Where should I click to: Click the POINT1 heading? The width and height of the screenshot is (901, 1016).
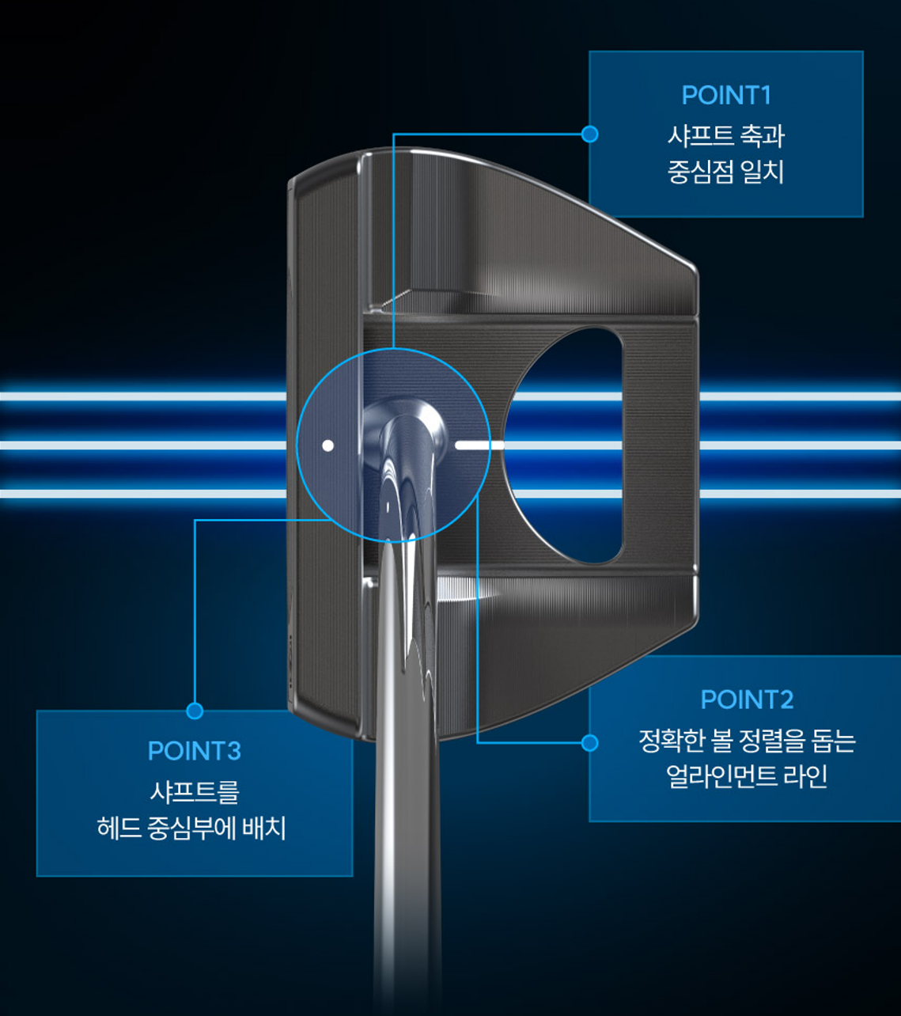pyautogui.click(x=725, y=96)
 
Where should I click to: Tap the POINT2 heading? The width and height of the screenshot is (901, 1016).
pyautogui.click(x=747, y=699)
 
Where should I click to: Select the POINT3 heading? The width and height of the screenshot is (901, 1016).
pyautogui.click(x=194, y=751)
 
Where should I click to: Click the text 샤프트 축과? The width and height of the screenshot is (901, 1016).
pyautogui.click(x=725, y=135)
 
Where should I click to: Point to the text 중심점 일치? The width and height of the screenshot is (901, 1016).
pyautogui.click(x=725, y=172)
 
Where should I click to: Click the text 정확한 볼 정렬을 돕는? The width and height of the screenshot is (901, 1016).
pyautogui.click(x=747, y=741)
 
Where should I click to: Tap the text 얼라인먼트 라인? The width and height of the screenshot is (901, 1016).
pyautogui.click(x=747, y=776)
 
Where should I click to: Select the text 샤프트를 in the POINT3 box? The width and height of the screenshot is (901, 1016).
pyautogui.click(x=194, y=791)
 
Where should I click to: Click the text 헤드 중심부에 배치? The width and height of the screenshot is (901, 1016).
pyautogui.click(x=191, y=828)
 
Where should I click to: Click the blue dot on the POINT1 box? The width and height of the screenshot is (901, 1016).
pyautogui.click(x=589, y=135)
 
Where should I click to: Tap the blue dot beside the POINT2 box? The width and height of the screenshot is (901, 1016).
pyautogui.click(x=589, y=743)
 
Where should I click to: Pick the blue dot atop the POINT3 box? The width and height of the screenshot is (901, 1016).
pyautogui.click(x=195, y=711)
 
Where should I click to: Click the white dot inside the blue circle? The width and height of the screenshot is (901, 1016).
pyautogui.click(x=327, y=445)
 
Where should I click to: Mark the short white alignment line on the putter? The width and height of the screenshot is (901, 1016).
pyautogui.click(x=479, y=445)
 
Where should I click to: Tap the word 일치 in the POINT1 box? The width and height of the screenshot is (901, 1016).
pyautogui.click(x=764, y=172)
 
